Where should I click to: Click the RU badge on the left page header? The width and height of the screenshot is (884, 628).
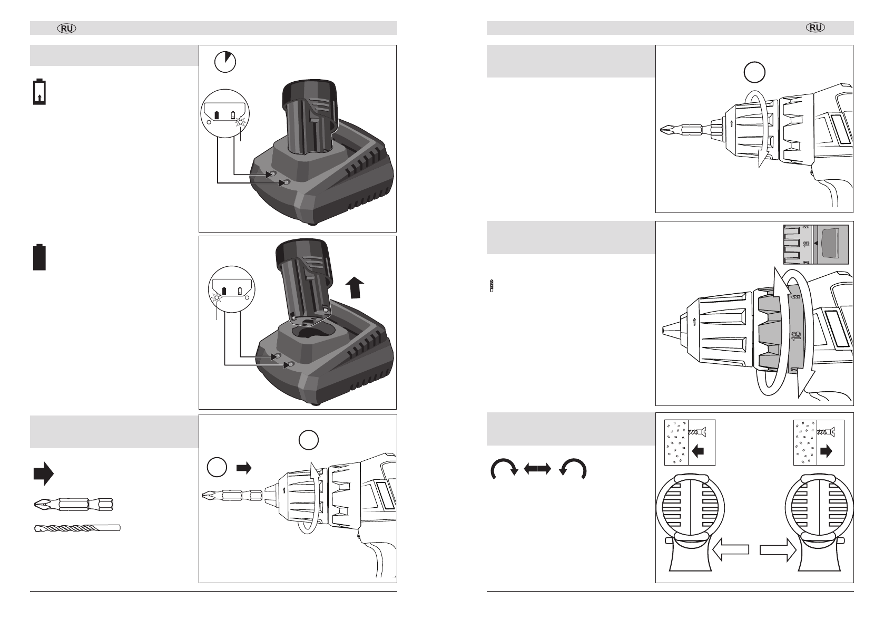67,28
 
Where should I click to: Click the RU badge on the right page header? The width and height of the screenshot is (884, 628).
816,28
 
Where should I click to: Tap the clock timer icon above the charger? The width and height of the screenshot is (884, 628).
225,62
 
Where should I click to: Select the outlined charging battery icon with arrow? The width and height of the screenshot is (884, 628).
40,92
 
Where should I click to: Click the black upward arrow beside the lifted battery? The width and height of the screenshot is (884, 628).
356,289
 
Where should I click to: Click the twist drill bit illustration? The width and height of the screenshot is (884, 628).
77,528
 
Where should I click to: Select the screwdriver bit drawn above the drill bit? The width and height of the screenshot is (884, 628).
73,504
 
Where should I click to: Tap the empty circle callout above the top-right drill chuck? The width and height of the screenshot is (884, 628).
754,72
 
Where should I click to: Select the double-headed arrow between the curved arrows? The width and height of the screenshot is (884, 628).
537,468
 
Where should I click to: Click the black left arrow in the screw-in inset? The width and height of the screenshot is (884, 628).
698,452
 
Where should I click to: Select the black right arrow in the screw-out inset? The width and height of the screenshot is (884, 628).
827,452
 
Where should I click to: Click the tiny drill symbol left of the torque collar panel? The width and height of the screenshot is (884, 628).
492,286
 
